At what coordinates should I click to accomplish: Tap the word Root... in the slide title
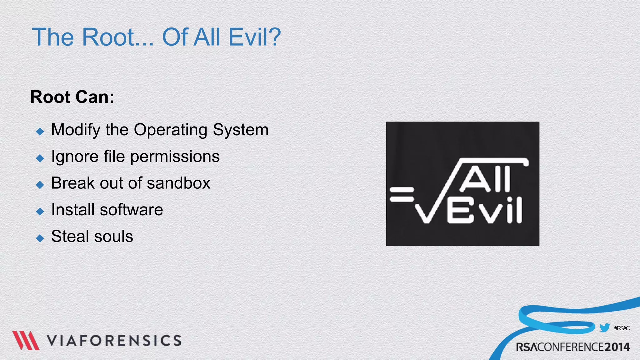tap(118, 37)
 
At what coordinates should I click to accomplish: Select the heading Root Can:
tap(72, 97)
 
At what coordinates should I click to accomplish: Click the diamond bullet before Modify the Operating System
tap(40, 131)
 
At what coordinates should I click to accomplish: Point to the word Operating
tap(170, 130)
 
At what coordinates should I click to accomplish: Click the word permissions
tap(175, 157)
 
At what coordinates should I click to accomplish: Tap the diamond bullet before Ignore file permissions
tap(40, 158)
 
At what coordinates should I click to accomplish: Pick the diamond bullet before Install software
tap(40, 212)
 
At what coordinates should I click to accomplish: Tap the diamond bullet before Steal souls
tap(40, 238)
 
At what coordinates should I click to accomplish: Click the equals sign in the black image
tap(402, 194)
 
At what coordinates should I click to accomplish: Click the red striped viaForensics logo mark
tap(26, 340)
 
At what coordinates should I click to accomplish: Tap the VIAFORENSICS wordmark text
tap(114, 341)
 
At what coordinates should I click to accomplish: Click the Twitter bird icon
tap(604, 328)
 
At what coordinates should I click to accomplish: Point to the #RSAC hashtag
tap(622, 328)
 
